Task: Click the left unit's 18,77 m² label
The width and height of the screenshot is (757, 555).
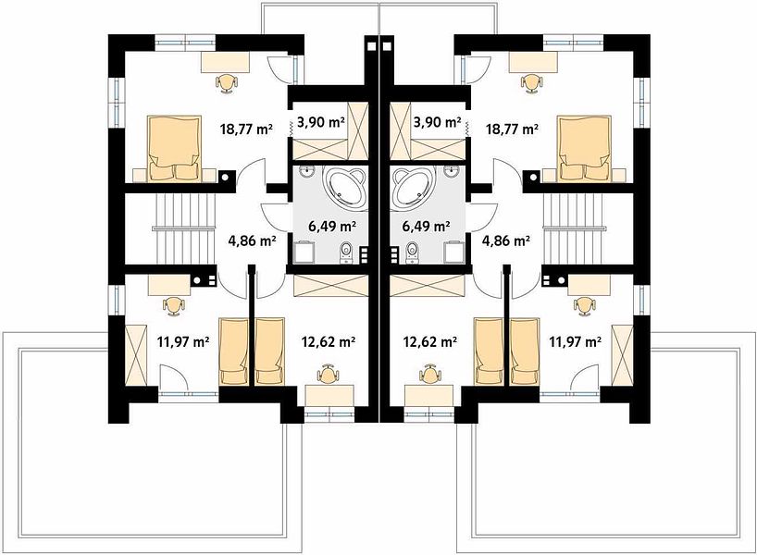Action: point(246,129)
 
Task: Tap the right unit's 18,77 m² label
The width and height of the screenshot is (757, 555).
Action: point(512,129)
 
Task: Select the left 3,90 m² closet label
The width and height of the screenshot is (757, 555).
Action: point(320,122)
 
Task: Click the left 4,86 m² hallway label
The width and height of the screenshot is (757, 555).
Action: point(252,240)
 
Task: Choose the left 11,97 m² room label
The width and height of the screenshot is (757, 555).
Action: point(183,342)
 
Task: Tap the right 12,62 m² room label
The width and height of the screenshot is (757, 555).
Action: point(430,342)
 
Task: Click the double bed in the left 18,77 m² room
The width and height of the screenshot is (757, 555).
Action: point(174,149)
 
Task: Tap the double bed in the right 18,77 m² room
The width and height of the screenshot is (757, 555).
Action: point(584,149)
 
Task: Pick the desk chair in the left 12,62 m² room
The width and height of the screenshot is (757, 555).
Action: point(329,373)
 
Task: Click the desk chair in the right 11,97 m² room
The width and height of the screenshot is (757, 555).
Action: point(584,305)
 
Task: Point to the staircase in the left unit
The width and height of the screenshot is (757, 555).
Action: point(184,228)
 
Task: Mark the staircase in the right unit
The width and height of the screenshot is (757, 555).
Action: point(574,228)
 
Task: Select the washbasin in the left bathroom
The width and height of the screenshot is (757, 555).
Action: point(305,172)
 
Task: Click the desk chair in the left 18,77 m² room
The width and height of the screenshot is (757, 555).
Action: point(227,83)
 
